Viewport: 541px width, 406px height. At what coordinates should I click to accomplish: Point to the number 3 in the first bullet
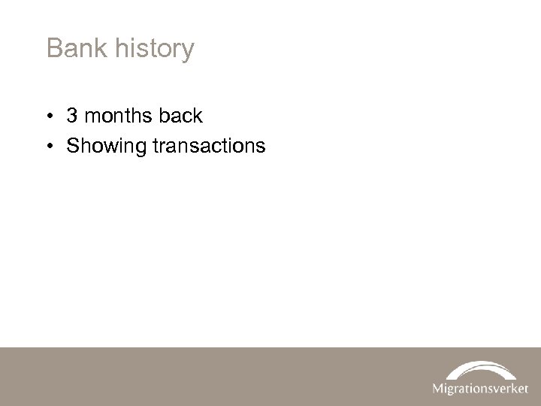coord(73,116)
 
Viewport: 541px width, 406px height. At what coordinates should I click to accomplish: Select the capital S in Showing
coord(73,145)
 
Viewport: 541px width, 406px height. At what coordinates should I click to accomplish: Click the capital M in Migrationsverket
coord(438,389)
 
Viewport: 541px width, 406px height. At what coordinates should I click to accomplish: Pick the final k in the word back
coord(198,116)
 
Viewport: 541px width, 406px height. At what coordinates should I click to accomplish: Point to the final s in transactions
coord(261,146)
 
